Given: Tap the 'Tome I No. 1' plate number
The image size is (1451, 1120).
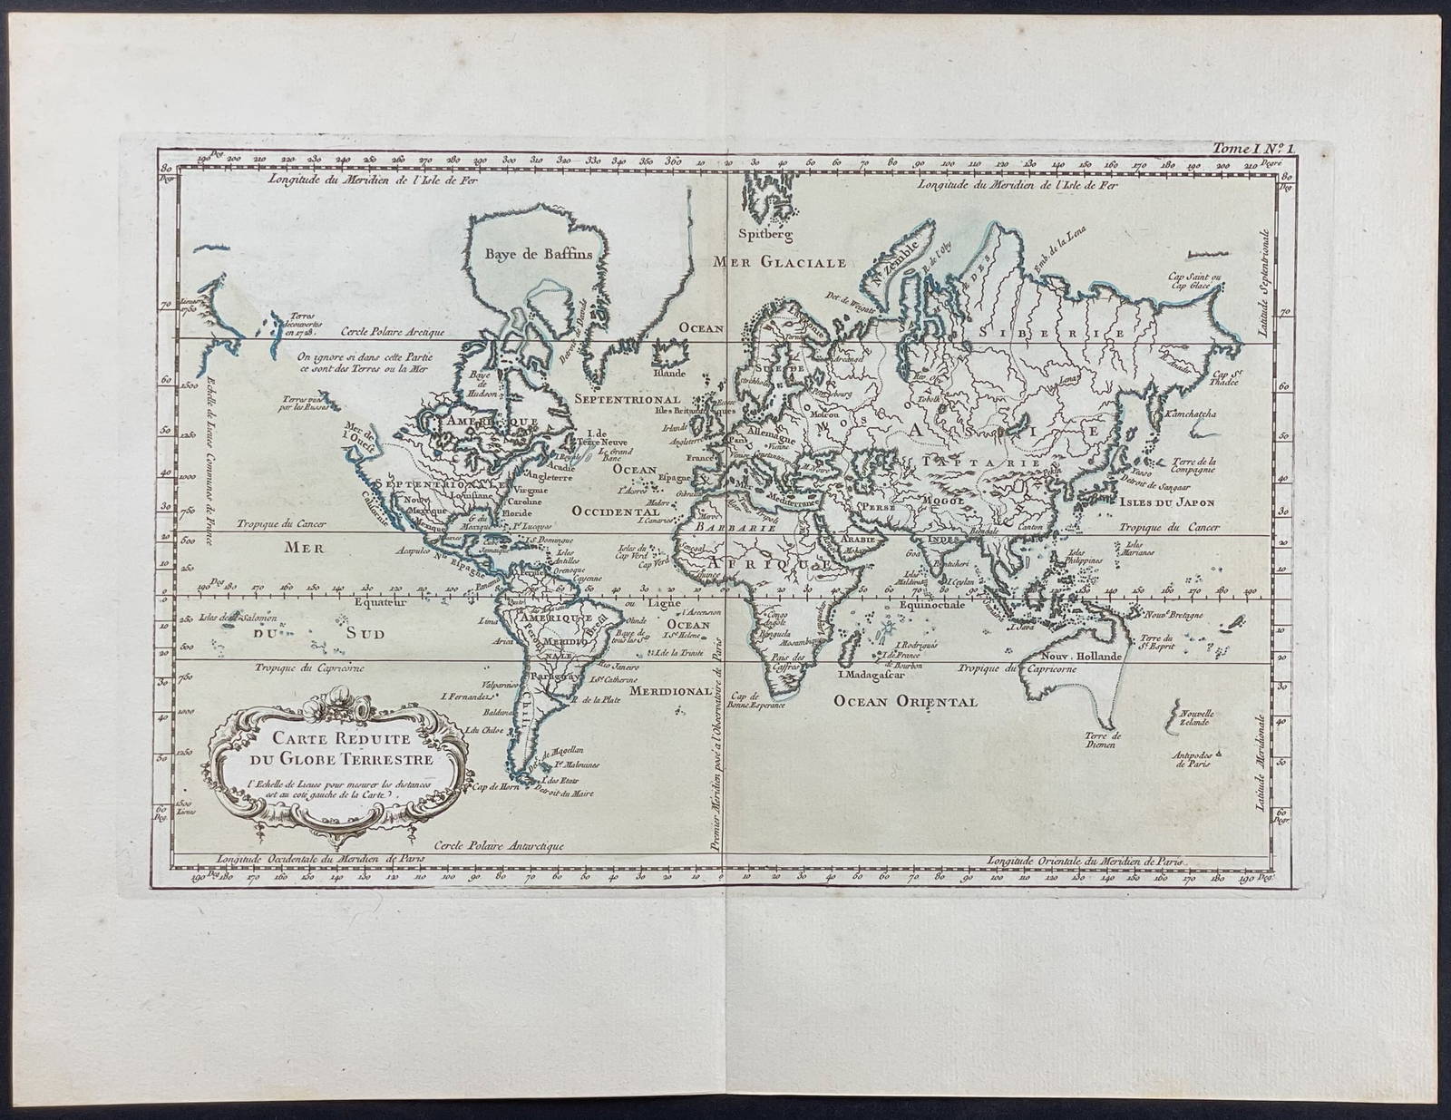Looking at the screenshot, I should [1248, 141].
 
